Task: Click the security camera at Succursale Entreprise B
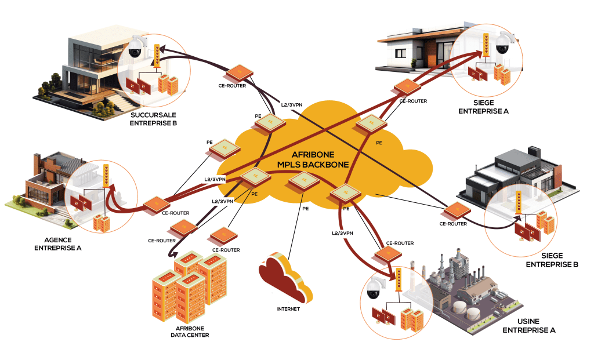point(135,47)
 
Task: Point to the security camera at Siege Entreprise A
point(502,43)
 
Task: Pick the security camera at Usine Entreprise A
point(375,286)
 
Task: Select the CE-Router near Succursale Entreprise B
point(238,72)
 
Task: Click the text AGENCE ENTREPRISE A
point(58,243)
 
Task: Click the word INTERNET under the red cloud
point(288,309)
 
